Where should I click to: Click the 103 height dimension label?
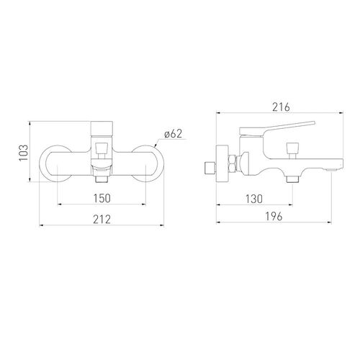pyautogui.click(x=24, y=153)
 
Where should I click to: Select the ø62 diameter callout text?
pyautogui.click(x=174, y=133)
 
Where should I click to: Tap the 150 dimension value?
pyautogui.click(x=102, y=198)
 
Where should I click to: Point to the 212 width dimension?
pyautogui.click(x=102, y=219)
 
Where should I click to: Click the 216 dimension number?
pyautogui.click(x=281, y=107)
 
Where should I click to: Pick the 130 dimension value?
pyautogui.click(x=254, y=199)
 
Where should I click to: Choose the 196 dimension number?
pyautogui.click(x=274, y=217)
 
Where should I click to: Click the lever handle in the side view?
pyautogui.click(x=276, y=129)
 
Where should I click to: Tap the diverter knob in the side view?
pyautogui.click(x=292, y=150)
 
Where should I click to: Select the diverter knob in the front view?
pyautogui.click(x=102, y=150)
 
